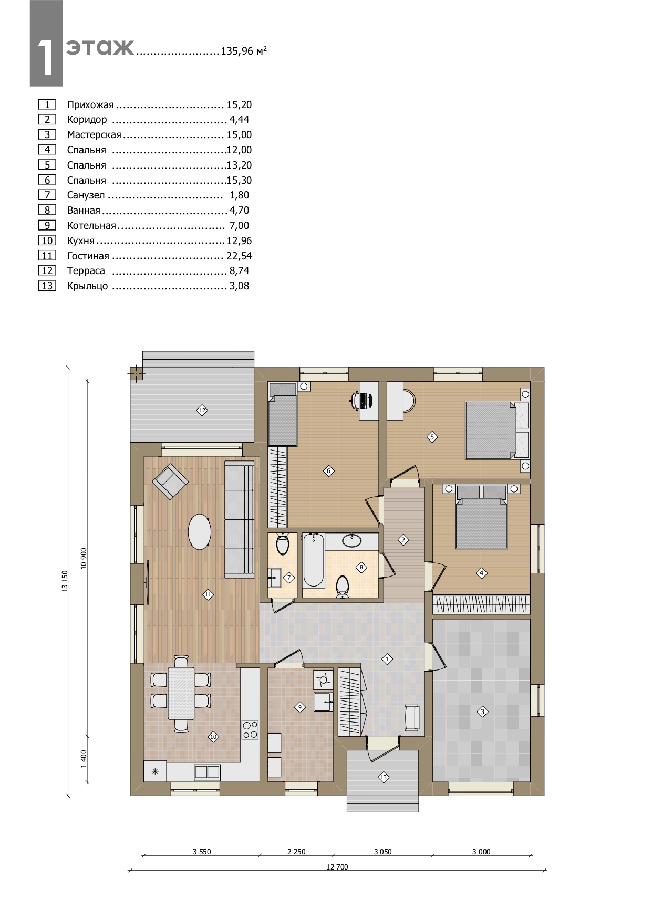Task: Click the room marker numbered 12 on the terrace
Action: click(x=202, y=410)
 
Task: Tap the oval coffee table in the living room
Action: click(x=200, y=532)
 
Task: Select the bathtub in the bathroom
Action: click(x=313, y=560)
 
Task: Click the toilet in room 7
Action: click(x=283, y=544)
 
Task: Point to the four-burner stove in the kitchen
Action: click(x=250, y=729)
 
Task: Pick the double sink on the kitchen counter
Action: click(x=208, y=771)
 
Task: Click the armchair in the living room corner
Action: click(x=170, y=482)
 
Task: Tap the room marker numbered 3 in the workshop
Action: click(x=482, y=711)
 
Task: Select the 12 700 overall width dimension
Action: click(x=337, y=867)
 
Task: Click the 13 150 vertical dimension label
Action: click(x=65, y=581)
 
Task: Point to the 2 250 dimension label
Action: click(x=296, y=852)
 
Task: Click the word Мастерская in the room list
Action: click(x=94, y=135)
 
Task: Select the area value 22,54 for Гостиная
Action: click(x=239, y=256)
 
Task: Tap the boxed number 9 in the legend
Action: click(x=47, y=225)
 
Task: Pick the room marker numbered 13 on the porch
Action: click(x=383, y=777)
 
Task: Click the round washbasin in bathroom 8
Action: click(x=351, y=540)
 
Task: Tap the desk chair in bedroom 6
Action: click(x=356, y=400)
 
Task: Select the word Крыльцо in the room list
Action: click(x=88, y=286)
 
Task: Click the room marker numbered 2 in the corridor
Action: click(x=403, y=540)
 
